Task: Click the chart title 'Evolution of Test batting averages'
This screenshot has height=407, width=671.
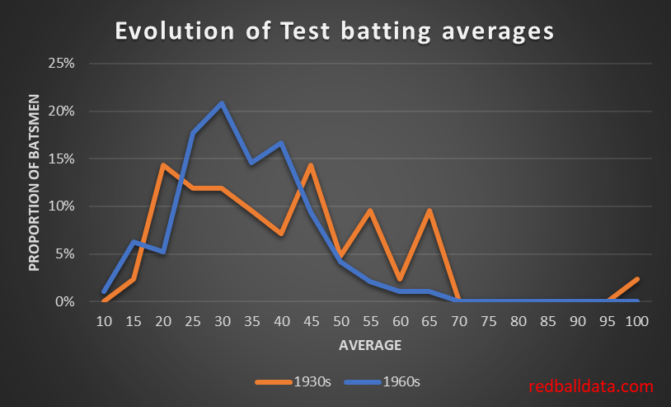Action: click(x=335, y=31)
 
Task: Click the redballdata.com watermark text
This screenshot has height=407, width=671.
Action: click(x=591, y=386)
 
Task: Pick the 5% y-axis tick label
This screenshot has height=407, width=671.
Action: click(x=66, y=254)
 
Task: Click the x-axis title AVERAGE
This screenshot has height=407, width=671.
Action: click(x=369, y=345)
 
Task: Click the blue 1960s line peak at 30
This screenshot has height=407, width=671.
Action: click(x=222, y=103)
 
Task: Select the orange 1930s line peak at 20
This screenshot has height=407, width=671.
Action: click(x=162, y=165)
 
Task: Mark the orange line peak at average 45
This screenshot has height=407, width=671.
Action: click(x=311, y=165)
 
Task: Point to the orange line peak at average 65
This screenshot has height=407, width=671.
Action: click(x=429, y=211)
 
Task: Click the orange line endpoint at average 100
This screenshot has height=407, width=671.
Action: click(x=636, y=280)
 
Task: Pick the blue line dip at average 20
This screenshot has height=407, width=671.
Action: click(x=162, y=252)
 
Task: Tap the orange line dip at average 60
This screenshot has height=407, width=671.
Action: click(x=400, y=279)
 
